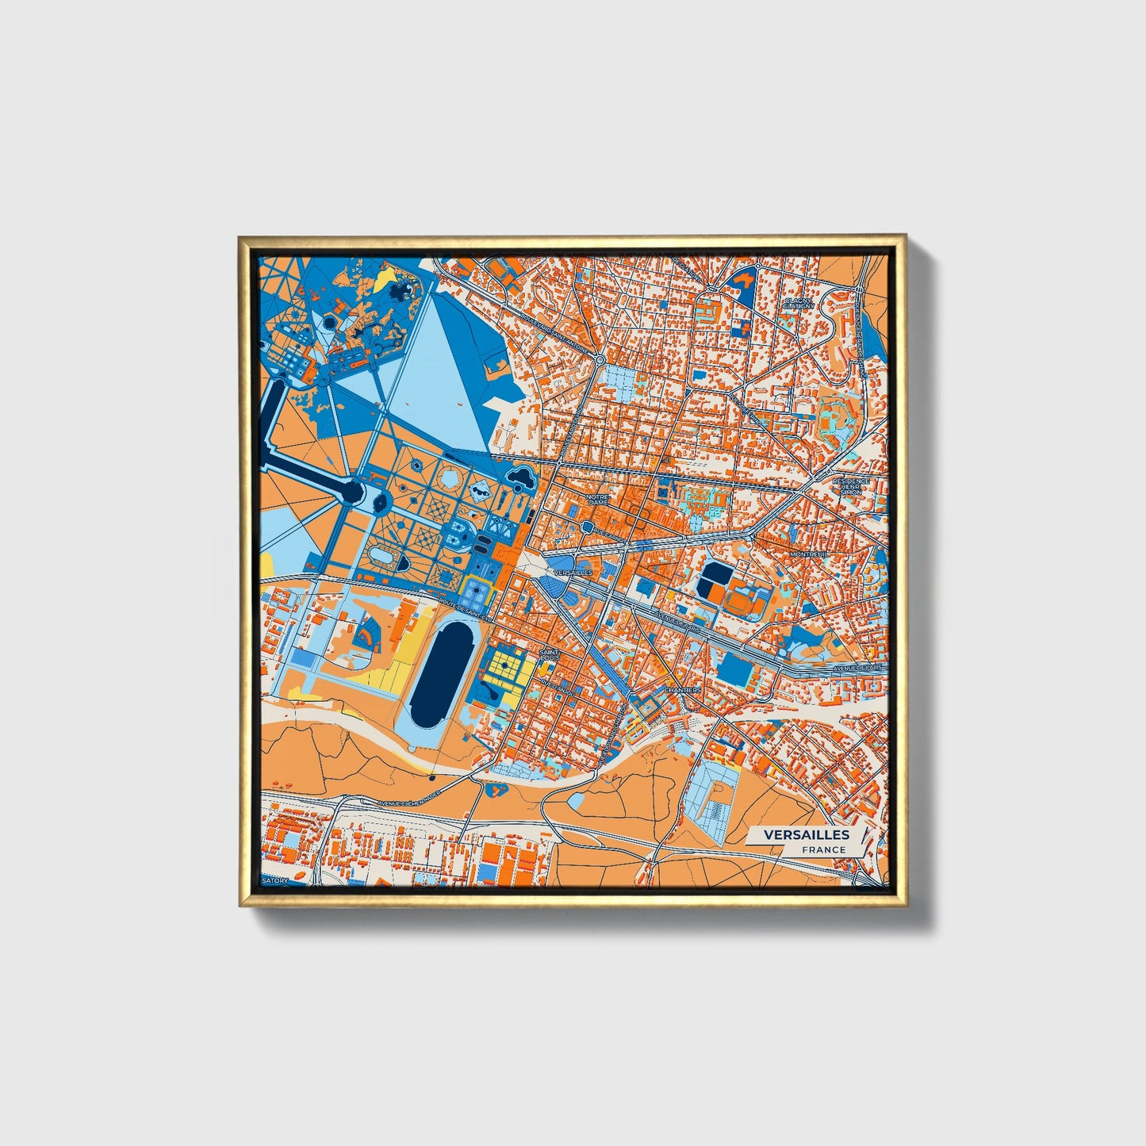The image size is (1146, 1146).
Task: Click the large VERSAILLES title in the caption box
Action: (x=807, y=834)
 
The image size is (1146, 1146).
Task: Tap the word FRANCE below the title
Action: (x=823, y=850)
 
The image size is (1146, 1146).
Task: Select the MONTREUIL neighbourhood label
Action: (x=809, y=554)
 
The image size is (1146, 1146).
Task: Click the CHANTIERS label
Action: (x=683, y=690)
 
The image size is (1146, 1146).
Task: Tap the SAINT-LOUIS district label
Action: (x=549, y=656)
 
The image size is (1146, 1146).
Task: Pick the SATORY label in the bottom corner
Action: (x=278, y=880)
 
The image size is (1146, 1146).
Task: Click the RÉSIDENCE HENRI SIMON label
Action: (x=852, y=487)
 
